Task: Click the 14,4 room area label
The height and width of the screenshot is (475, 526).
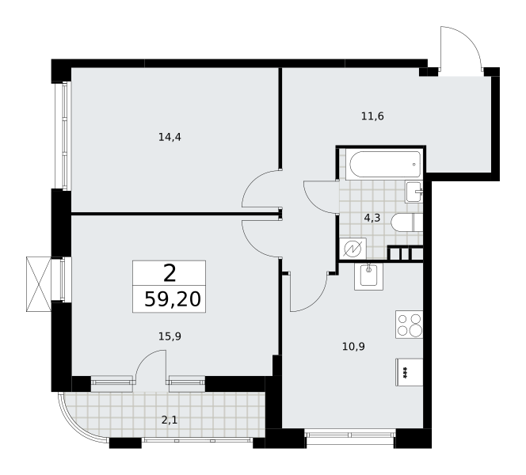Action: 170,137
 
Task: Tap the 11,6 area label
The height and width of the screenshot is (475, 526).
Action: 372,116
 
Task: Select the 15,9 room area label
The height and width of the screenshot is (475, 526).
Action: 170,336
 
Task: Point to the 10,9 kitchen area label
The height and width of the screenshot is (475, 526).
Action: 353,346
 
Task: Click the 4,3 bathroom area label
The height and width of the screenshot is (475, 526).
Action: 372,218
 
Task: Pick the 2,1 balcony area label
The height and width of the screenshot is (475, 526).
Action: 170,420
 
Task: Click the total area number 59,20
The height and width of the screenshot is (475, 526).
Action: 173,299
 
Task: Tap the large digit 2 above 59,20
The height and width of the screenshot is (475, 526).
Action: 170,273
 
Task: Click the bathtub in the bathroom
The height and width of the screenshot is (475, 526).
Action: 385,164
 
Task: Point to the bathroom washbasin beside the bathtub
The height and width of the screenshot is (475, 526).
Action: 414,192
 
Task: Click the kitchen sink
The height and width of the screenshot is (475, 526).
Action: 368,276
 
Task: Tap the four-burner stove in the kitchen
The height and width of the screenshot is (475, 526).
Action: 410,325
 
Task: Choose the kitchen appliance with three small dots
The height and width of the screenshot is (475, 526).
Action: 410,372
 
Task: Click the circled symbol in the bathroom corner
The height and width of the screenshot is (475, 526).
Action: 353,249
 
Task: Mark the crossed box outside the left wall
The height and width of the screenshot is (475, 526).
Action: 39,284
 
